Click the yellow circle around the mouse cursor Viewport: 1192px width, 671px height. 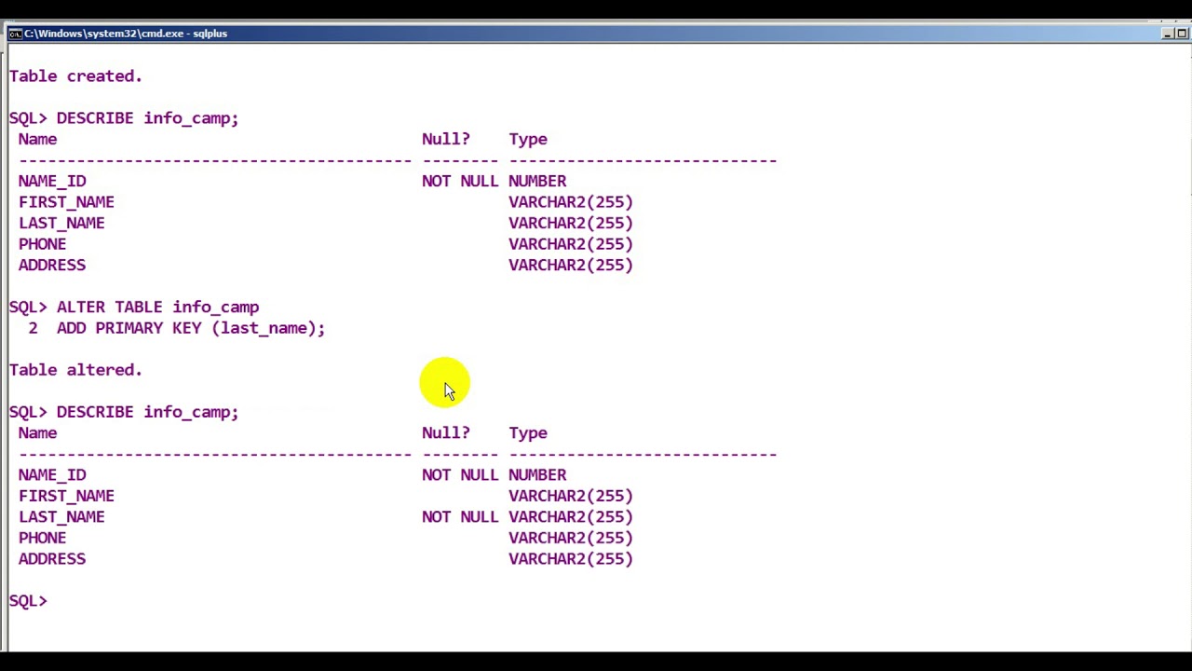pyautogui.click(x=444, y=382)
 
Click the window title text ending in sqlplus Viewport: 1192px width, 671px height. pyautogui.click(x=126, y=34)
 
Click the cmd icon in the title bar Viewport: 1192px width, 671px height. pyautogui.click(x=15, y=34)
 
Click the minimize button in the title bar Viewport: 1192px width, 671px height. pyautogui.click(x=1167, y=34)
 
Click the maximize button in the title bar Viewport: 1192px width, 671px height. pyautogui.click(x=1182, y=34)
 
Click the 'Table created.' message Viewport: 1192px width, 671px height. pyautogui.click(x=75, y=76)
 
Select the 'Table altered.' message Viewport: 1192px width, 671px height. pyautogui.click(x=75, y=370)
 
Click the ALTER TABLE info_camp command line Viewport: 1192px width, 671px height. pyautogui.click(x=134, y=308)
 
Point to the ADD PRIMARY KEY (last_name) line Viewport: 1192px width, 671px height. pyautogui.click(x=191, y=328)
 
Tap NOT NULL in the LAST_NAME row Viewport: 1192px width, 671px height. pyautogui.click(x=460, y=516)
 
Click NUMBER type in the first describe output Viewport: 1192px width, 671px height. pyautogui.click(x=537, y=181)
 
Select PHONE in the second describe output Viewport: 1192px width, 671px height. pyautogui.click(x=43, y=538)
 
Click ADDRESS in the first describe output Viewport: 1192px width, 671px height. pyautogui.click(x=52, y=266)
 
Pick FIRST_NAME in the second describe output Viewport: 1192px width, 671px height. pyautogui.click(x=66, y=496)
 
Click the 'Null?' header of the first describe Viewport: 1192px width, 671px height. pyautogui.click(x=446, y=139)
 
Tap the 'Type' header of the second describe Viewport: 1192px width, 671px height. pyautogui.click(x=528, y=433)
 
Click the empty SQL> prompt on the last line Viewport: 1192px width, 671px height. pyautogui.click(x=28, y=601)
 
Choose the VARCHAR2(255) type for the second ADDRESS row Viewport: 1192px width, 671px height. pyautogui.click(x=571, y=558)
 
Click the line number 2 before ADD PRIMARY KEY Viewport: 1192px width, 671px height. pyautogui.click(x=33, y=328)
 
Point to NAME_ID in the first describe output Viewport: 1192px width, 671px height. pyautogui.click(x=52, y=181)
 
